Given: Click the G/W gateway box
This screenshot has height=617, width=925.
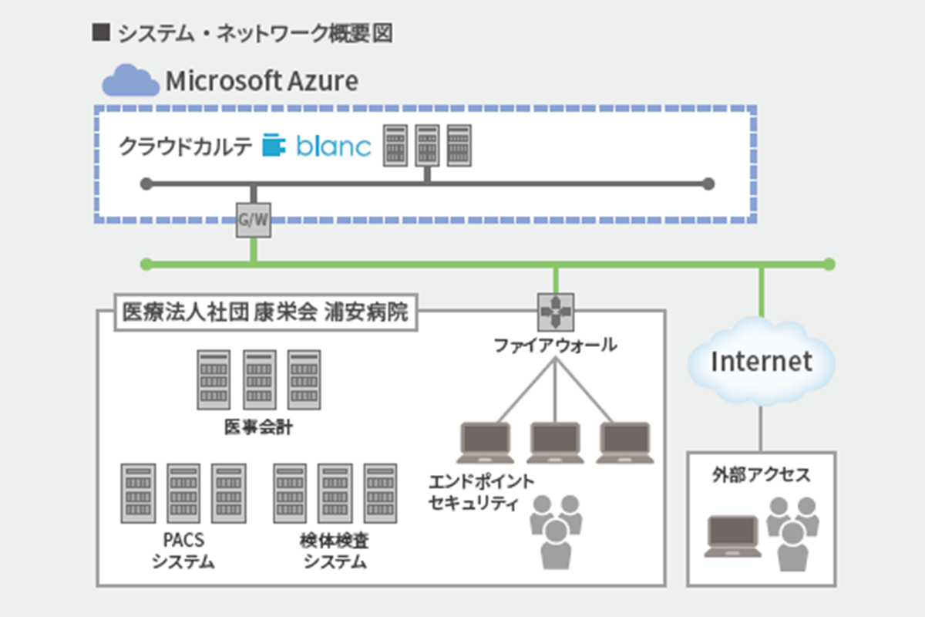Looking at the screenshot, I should (x=253, y=221).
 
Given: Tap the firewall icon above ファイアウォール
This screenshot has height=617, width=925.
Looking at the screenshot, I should (x=555, y=312).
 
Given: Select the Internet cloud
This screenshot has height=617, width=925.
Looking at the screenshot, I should (x=761, y=361).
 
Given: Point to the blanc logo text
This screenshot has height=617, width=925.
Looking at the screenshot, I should (x=334, y=147).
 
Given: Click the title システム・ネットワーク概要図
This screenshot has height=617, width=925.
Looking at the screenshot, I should (x=254, y=34).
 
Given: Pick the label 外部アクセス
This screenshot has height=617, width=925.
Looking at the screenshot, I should (x=761, y=475).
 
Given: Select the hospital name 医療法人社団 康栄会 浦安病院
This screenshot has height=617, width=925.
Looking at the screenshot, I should (x=266, y=314).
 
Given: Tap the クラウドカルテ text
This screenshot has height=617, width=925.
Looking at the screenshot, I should (x=186, y=147).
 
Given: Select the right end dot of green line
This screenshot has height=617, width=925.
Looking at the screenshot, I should (x=829, y=265).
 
